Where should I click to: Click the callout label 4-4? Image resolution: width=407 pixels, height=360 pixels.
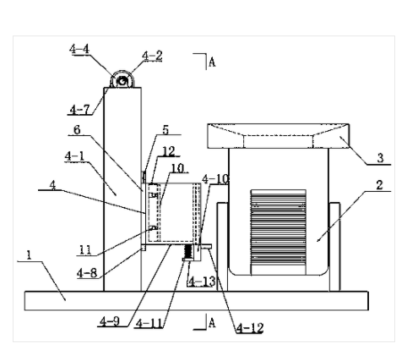(x=79, y=49)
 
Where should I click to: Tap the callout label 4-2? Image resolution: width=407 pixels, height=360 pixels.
(x=152, y=56)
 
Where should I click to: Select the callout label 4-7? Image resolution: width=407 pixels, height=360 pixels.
(x=79, y=110)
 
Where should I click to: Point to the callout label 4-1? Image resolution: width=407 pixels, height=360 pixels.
(x=74, y=156)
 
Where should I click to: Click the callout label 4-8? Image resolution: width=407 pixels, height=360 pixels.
(x=87, y=273)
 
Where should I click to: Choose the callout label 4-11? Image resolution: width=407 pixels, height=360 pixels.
(x=149, y=324)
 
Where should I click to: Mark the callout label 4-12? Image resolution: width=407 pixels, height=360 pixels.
(x=250, y=328)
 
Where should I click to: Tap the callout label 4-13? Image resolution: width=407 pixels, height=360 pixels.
(x=202, y=281)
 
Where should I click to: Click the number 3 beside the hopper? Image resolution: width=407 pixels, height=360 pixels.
(x=380, y=158)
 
